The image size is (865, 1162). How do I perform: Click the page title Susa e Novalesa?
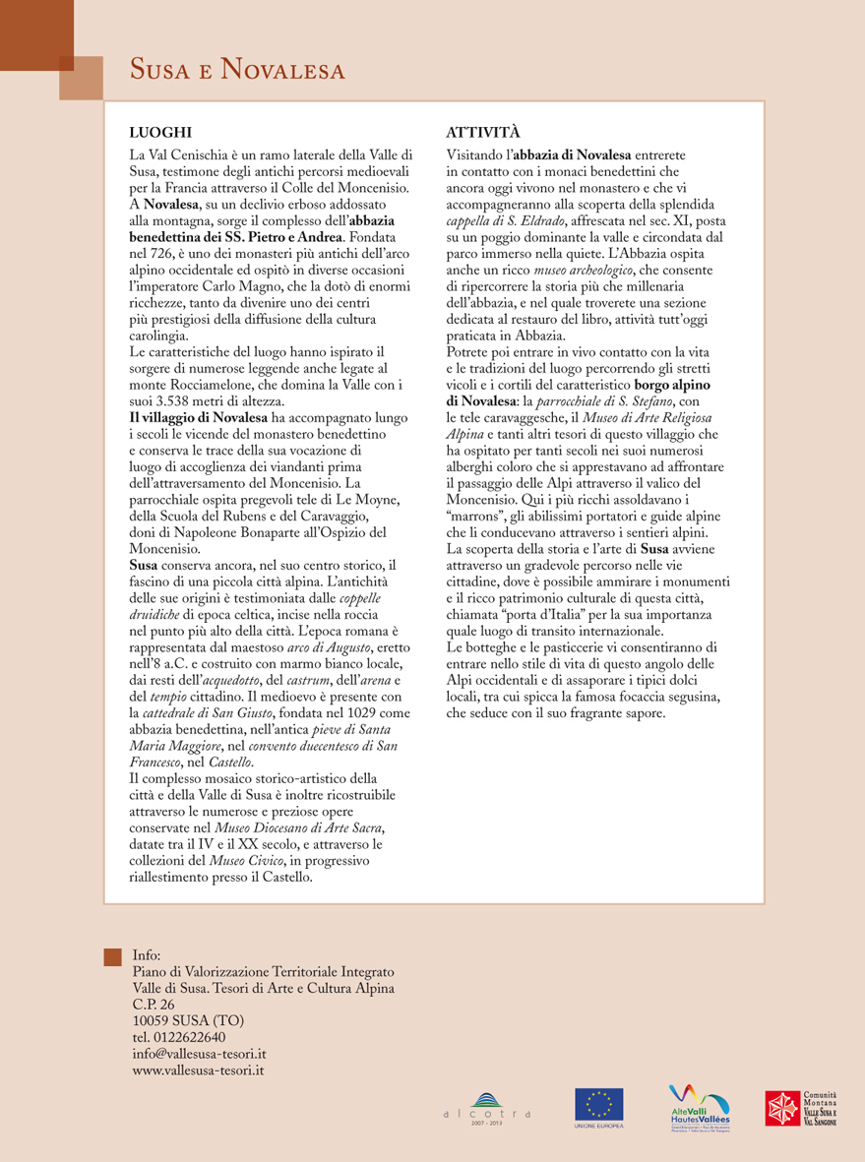(239, 71)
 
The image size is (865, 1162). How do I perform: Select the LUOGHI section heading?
(160, 131)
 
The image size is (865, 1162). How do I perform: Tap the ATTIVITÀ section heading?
(483, 131)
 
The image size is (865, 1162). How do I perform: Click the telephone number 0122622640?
(178, 1037)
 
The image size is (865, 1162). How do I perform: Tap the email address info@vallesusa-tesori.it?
(199, 1053)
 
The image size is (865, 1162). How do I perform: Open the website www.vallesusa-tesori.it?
(198, 1070)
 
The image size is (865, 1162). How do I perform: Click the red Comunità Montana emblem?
(783, 1107)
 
